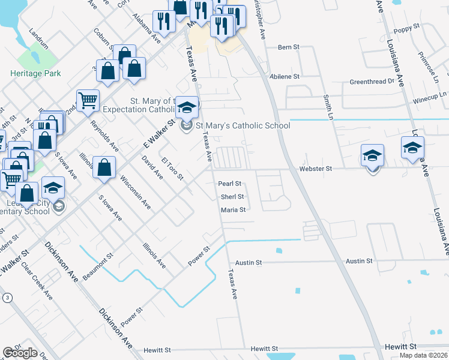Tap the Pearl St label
(229, 184)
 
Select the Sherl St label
(232, 197)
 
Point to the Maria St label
(234, 210)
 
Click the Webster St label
(315, 169)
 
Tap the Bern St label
(288, 47)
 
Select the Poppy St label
(406, 29)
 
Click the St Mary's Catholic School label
(243, 125)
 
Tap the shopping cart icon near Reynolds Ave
(88, 101)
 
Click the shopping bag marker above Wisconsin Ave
(104, 167)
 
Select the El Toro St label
(172, 170)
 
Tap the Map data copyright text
(423, 355)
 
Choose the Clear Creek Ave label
(37, 280)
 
